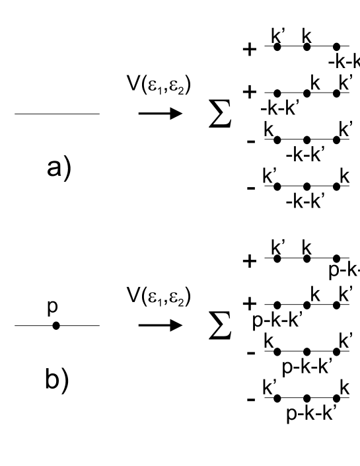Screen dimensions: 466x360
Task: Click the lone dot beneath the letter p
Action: pyautogui.click(x=56, y=326)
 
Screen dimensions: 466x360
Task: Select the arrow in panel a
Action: pyautogui.click(x=161, y=114)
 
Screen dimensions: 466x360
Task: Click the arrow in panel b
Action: pyautogui.click(x=161, y=326)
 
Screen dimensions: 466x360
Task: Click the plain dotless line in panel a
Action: pyautogui.click(x=57, y=114)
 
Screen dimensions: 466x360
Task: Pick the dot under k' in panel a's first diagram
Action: pyautogui.click(x=277, y=47)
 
